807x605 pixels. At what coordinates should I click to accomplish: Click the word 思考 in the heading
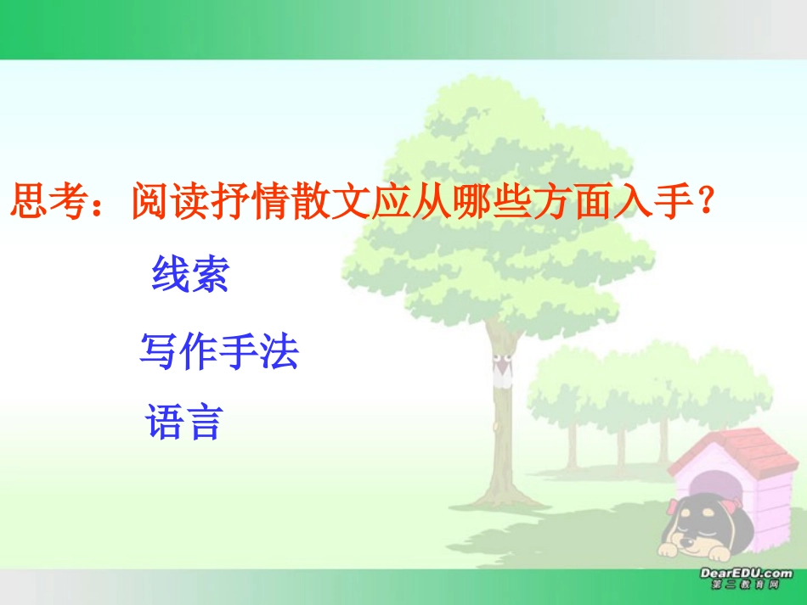[49, 203]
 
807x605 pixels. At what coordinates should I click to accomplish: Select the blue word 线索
[190, 274]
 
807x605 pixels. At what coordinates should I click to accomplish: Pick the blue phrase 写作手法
[219, 350]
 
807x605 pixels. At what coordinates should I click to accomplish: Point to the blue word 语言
[184, 422]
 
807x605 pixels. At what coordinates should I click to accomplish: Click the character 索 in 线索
[210, 274]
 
